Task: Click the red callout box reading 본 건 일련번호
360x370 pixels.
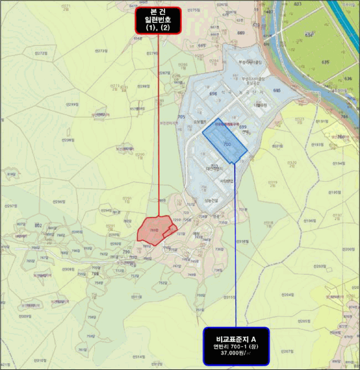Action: pyautogui.click(x=158, y=21)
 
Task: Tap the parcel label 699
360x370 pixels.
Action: pyautogui.click(x=243, y=127)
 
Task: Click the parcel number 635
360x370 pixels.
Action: pyautogui.click(x=326, y=62)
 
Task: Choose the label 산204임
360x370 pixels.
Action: pyautogui.click(x=288, y=294)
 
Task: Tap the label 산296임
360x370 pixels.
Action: pyautogui.click(x=59, y=202)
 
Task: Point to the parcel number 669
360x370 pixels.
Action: pyautogui.click(x=242, y=33)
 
